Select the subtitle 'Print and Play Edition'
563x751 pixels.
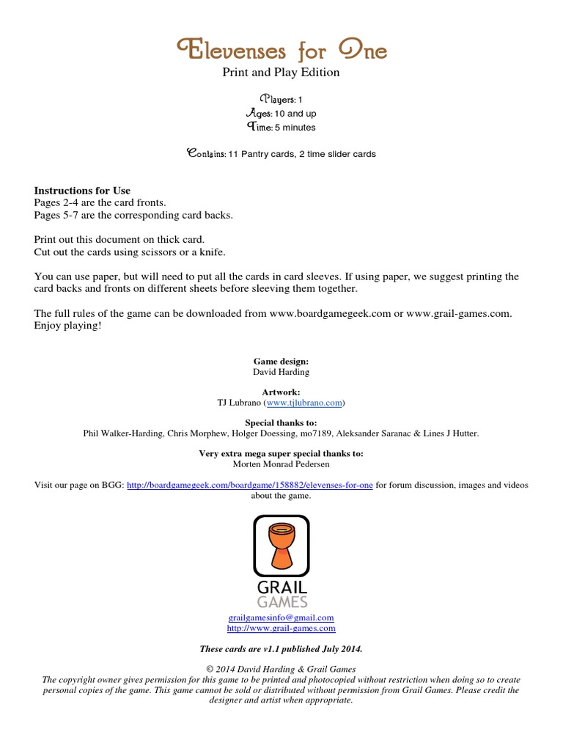click(x=281, y=73)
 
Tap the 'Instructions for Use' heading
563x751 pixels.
click(x=82, y=191)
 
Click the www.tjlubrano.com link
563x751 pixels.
click(x=303, y=403)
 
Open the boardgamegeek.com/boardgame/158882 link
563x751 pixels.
click(x=250, y=485)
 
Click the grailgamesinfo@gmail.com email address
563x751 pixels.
click(x=281, y=618)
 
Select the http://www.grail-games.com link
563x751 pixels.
click(x=281, y=628)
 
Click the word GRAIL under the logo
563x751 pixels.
click(x=281, y=587)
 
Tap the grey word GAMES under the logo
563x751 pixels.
click(x=281, y=602)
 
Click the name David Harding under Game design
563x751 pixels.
click(x=281, y=372)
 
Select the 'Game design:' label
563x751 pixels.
click(x=281, y=362)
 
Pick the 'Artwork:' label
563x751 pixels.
click(x=281, y=392)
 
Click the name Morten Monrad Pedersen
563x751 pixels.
click(x=281, y=464)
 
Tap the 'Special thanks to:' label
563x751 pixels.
click(x=281, y=423)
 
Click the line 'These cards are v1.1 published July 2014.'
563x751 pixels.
click(x=281, y=649)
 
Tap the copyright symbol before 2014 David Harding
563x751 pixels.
click(x=211, y=669)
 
